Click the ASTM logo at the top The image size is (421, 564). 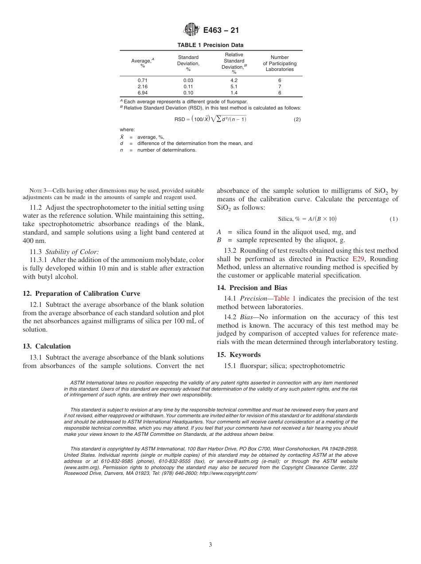pyautogui.click(x=192, y=30)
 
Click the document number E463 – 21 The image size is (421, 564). pyautogui.click(x=221, y=31)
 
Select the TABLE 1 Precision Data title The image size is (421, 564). pyautogui.click(x=210, y=45)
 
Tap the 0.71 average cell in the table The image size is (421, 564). pyautogui.click(x=142, y=80)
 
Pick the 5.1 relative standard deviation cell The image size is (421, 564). pyautogui.click(x=234, y=86)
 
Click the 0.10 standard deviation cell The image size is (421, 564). pyautogui.click(x=188, y=93)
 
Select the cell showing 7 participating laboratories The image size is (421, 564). pyautogui.click(x=280, y=86)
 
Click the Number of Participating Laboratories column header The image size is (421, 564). pyautogui.click(x=280, y=63)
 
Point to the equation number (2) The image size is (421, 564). pyautogui.click(x=297, y=119)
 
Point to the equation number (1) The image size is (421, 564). pyautogui.click(x=394, y=219)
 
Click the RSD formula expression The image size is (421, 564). pyautogui.click(x=210, y=119)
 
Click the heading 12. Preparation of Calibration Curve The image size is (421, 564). pyautogui.click(x=81, y=294)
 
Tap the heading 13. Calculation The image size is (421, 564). pyautogui.click(x=47, y=346)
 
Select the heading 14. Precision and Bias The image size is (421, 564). pyautogui.click(x=252, y=288)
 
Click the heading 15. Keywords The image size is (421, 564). pyautogui.click(x=238, y=355)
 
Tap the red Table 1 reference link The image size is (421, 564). pyautogui.click(x=285, y=299)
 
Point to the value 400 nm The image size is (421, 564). pyautogui.click(x=31, y=241)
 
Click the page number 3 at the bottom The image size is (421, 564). pyautogui.click(x=210, y=544)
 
